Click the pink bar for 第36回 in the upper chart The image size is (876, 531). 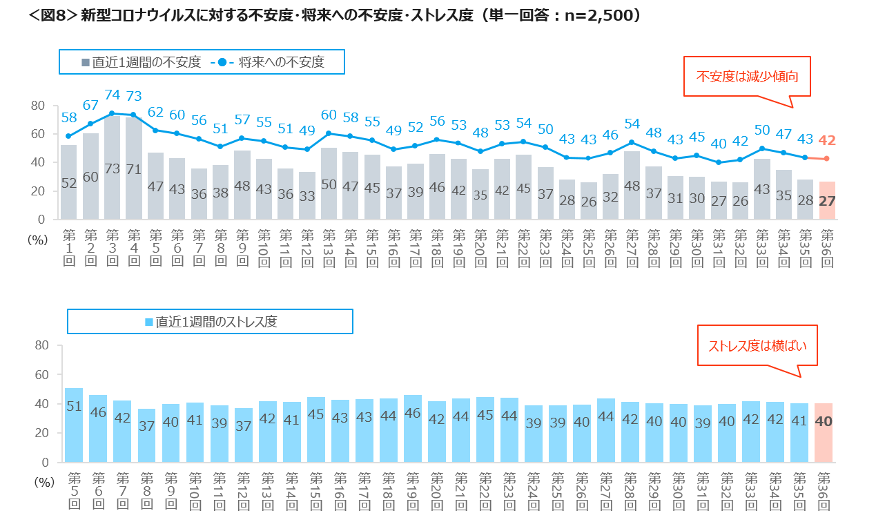click(826, 201)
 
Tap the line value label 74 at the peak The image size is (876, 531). click(112, 95)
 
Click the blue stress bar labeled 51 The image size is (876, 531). click(74, 425)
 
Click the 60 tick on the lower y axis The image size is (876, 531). click(42, 374)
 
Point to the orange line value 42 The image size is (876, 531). click(826, 140)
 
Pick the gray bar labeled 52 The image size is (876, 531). click(68, 182)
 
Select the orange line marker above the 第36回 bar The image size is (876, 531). click(826, 159)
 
